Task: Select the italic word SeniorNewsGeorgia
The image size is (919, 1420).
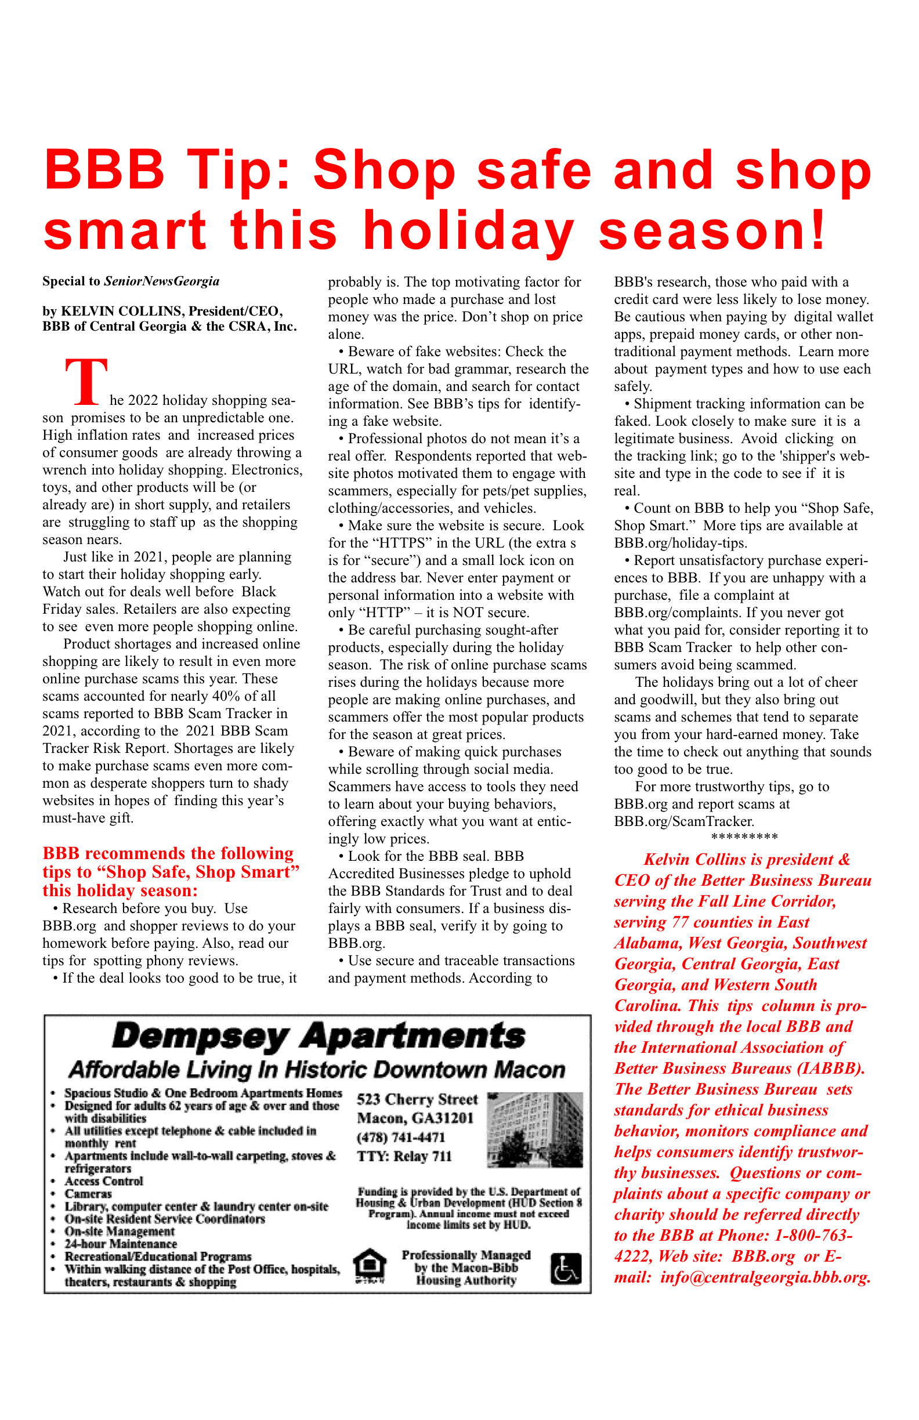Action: (x=162, y=281)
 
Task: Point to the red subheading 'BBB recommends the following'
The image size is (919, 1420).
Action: (x=168, y=853)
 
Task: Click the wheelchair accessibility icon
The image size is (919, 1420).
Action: (x=565, y=1269)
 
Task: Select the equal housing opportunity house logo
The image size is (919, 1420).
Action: (x=370, y=1266)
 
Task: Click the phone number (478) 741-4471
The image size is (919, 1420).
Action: (x=401, y=1137)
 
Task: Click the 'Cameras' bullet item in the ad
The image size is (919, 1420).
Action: (x=88, y=1194)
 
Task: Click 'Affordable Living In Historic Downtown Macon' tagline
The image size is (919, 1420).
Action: (x=317, y=1070)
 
